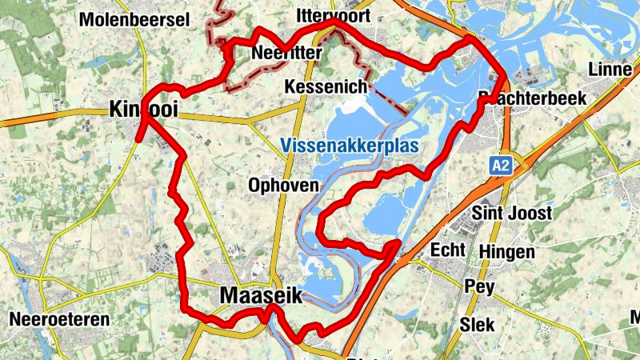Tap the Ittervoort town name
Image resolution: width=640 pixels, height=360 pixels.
[330, 16]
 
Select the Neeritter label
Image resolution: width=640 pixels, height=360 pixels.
[286, 53]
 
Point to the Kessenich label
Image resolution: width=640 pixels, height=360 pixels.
[325, 86]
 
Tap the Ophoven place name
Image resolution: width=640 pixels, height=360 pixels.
[283, 185]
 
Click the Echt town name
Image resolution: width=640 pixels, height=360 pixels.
[447, 250]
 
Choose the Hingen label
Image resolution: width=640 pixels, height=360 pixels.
[507, 252]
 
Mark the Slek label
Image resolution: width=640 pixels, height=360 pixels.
[477, 324]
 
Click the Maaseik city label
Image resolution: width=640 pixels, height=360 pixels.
[261, 295]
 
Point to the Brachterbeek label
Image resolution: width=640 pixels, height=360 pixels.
[532, 98]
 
